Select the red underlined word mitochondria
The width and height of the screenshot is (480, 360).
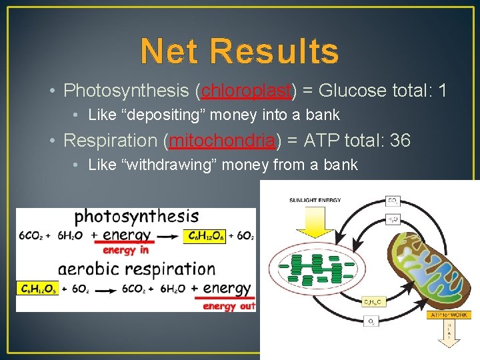pyautogui.click(x=223, y=141)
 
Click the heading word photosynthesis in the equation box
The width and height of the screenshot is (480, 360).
pyautogui.click(x=136, y=216)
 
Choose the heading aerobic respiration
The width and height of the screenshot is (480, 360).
pyautogui.click(x=136, y=269)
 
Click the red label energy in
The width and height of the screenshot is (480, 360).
pyautogui.click(x=125, y=250)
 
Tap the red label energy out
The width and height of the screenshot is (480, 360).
pyautogui.click(x=229, y=306)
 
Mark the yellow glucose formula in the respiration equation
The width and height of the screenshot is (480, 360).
pyautogui.click(x=37, y=289)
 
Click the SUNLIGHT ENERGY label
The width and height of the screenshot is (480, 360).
pyautogui.click(x=315, y=200)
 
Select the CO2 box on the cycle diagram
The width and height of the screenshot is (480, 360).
pyautogui.click(x=393, y=200)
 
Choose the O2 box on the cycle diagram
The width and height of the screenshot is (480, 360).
pyautogui.click(x=370, y=322)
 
